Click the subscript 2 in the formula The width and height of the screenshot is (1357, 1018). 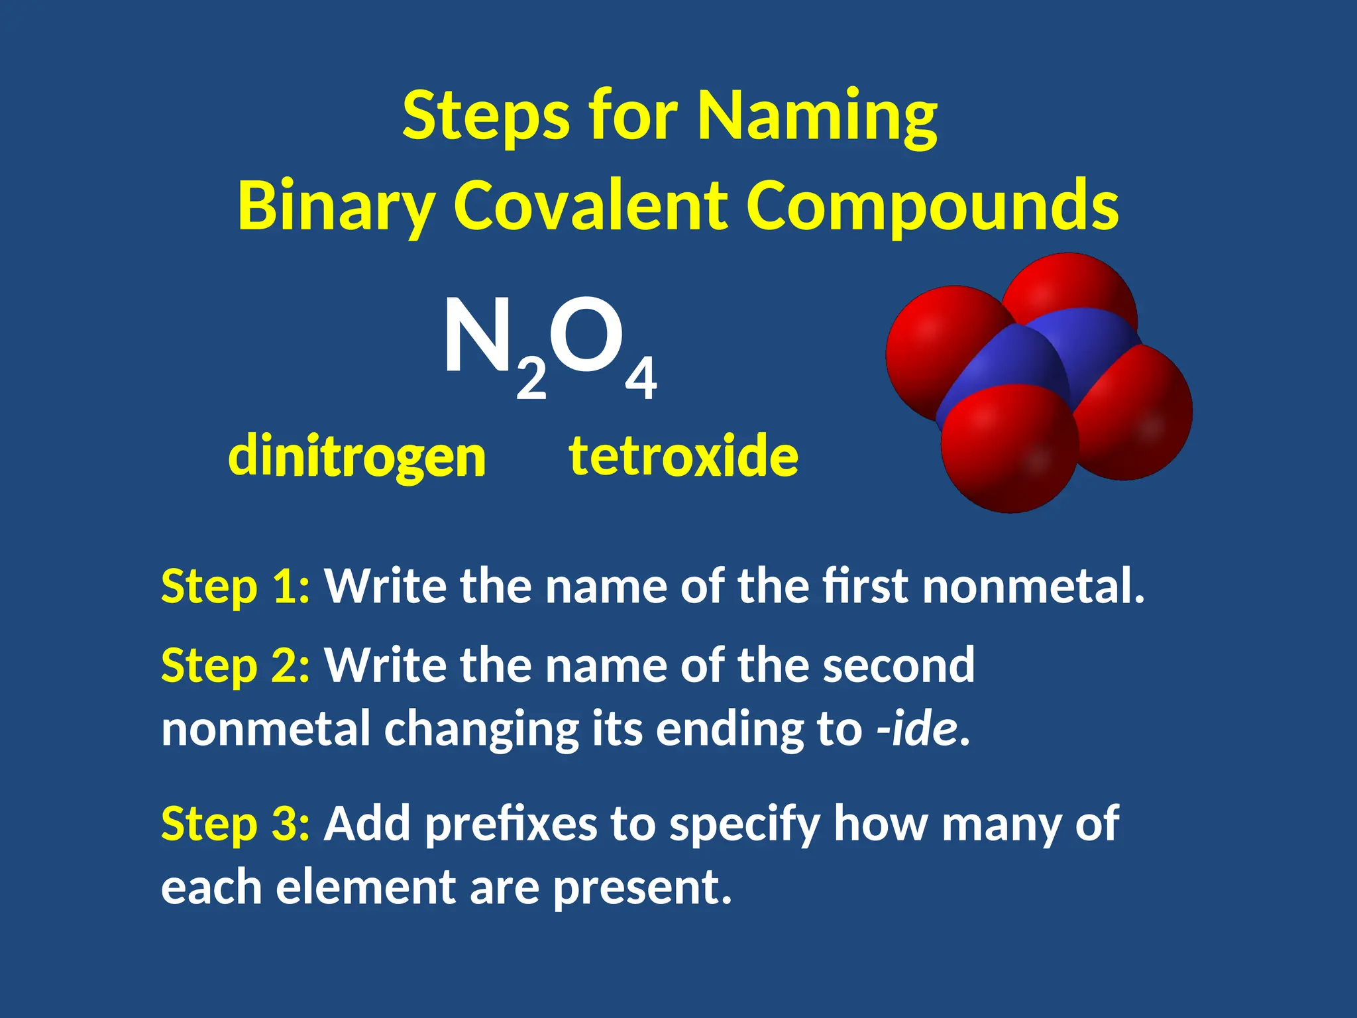point(531,380)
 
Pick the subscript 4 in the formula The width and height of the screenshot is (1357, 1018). point(641,378)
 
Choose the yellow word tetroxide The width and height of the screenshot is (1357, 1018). point(684,456)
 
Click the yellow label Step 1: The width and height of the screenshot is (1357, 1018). point(235,587)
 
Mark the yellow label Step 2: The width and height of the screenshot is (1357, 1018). point(235,665)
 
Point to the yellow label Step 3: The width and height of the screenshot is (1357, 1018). point(235,824)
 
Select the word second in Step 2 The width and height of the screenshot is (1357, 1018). point(898,665)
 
